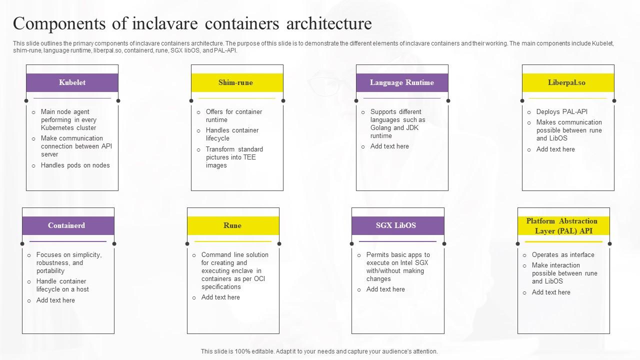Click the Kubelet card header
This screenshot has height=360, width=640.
click(x=72, y=82)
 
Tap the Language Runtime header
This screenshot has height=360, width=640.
click(x=401, y=82)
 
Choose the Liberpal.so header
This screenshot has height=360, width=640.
click(x=567, y=82)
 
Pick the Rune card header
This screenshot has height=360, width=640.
click(x=232, y=225)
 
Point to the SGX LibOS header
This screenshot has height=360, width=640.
click(x=397, y=225)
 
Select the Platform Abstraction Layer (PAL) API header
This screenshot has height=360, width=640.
click(x=563, y=225)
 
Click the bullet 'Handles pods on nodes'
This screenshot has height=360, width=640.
click(x=75, y=165)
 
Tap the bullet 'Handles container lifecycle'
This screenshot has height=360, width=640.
click(x=232, y=134)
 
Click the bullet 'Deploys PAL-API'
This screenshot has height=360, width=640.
click(x=561, y=112)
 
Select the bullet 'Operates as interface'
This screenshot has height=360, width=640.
click(x=562, y=255)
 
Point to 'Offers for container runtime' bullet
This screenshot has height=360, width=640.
click(x=233, y=116)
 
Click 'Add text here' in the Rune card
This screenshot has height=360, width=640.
click(x=220, y=297)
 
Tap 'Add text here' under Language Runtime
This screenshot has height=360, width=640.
click(x=389, y=146)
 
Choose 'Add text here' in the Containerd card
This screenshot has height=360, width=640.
click(x=55, y=300)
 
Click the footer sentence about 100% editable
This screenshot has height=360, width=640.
click(x=319, y=351)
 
